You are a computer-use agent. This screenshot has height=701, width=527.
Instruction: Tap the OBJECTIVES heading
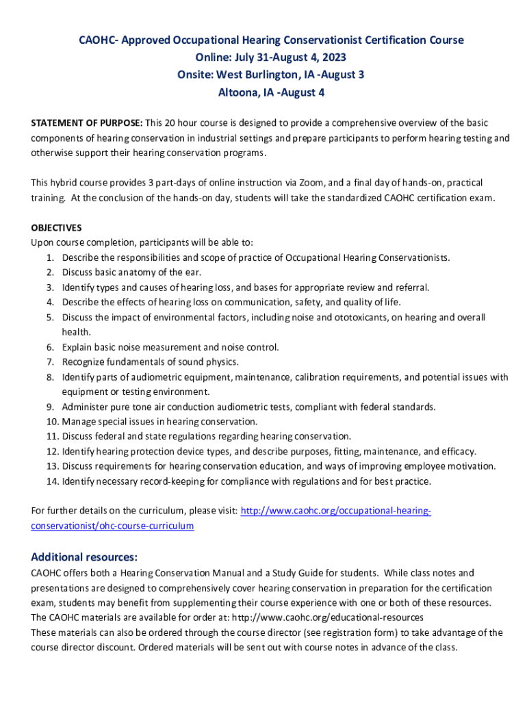(x=57, y=227)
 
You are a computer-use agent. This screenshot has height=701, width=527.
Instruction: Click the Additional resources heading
(x=84, y=557)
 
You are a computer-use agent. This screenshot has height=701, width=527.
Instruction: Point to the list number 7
(x=51, y=362)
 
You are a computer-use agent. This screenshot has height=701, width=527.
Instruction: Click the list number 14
(x=53, y=481)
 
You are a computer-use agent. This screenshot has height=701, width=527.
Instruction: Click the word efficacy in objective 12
(x=459, y=452)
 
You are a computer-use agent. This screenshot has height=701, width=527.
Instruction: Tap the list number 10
(x=53, y=422)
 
